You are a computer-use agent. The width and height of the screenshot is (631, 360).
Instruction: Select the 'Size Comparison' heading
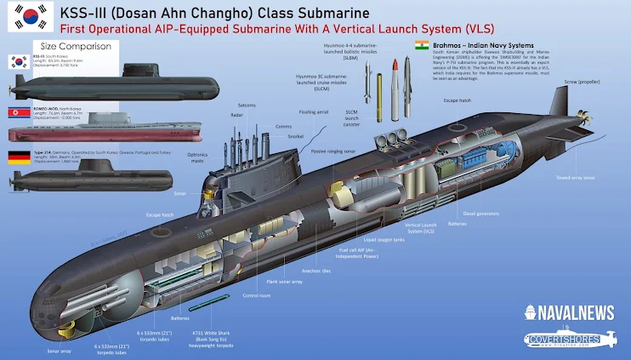pyautogui.click(x=71, y=47)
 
